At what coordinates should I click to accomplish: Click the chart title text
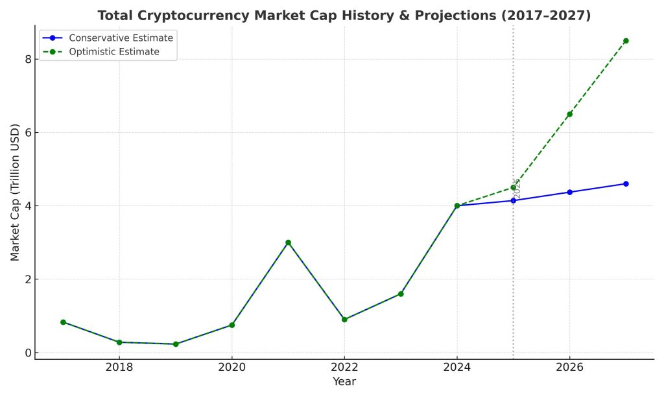click(x=344, y=16)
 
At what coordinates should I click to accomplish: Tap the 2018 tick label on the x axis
click(x=119, y=368)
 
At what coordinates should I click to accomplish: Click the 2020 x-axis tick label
click(x=231, y=368)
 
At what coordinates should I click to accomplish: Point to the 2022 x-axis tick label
click(x=344, y=368)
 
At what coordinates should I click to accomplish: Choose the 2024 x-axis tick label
click(x=457, y=368)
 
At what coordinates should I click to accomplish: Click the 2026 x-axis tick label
click(x=569, y=368)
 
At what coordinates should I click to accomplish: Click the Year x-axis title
click(x=344, y=382)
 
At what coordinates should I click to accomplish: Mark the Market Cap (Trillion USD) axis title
click(x=15, y=192)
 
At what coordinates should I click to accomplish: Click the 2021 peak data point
click(x=288, y=242)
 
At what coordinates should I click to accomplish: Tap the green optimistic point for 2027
click(x=626, y=41)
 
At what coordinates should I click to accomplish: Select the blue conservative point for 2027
click(x=626, y=183)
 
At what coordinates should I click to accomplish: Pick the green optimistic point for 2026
click(x=569, y=114)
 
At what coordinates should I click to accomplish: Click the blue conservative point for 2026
click(x=569, y=192)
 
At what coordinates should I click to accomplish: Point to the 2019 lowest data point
click(x=176, y=344)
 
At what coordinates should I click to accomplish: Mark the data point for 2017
click(x=63, y=322)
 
